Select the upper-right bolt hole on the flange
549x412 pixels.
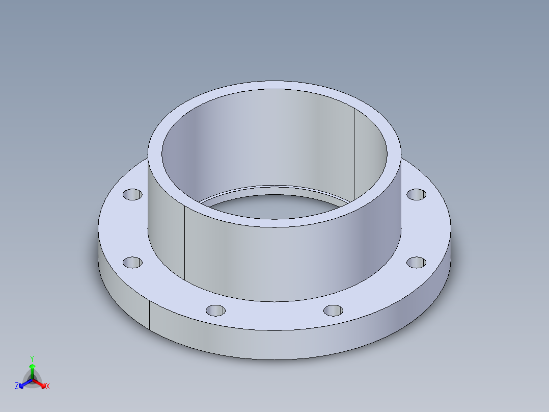(x=417, y=194)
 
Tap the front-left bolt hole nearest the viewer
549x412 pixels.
(x=215, y=310)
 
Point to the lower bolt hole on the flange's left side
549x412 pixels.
(x=132, y=263)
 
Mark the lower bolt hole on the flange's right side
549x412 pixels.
(x=417, y=262)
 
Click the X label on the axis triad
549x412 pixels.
(x=48, y=387)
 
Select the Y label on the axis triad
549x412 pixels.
(x=32, y=358)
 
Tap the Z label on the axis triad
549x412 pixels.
(x=17, y=386)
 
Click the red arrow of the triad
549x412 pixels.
(x=42, y=384)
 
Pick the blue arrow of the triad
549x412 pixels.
(x=23, y=384)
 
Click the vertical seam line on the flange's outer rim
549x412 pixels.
(x=149, y=314)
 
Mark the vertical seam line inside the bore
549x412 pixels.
(x=354, y=153)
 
